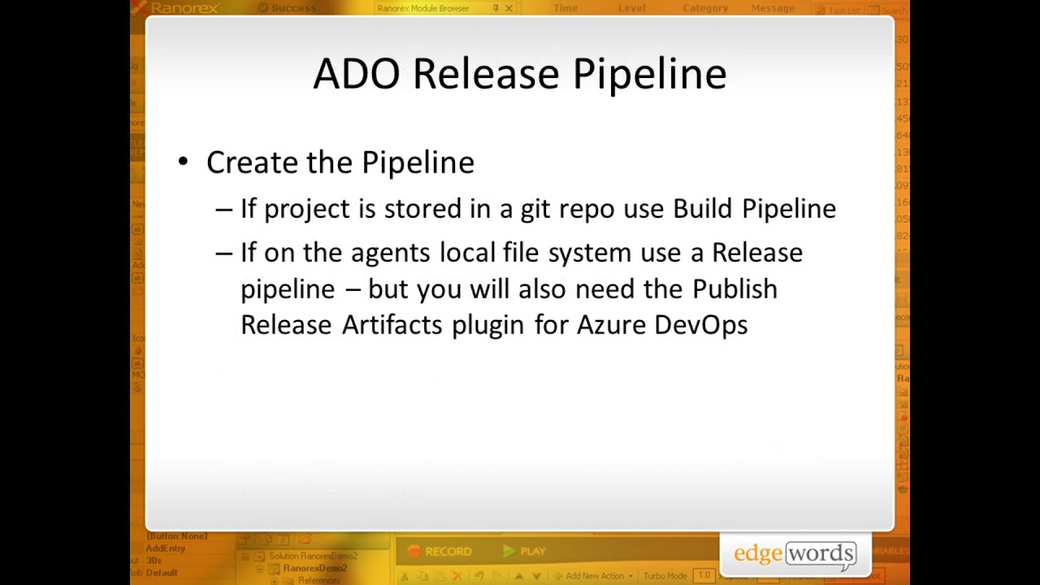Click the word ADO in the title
(356, 74)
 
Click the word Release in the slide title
(486, 74)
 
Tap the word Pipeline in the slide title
(649, 74)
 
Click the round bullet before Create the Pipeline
(183, 162)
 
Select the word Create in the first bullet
(253, 162)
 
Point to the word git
(535, 209)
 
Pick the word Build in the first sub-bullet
(703, 209)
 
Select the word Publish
(734, 289)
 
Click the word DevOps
(700, 325)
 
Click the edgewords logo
(794, 554)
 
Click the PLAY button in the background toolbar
(524, 552)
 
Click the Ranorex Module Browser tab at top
(422, 8)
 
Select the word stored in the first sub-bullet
(422, 209)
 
